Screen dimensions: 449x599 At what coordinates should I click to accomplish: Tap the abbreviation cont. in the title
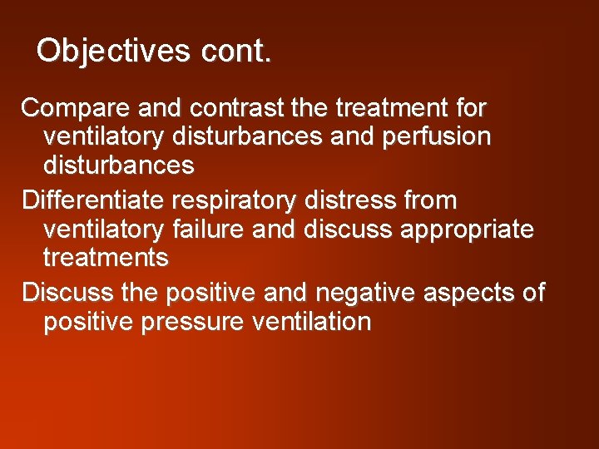(236, 50)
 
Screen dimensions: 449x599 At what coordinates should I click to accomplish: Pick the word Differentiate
(94, 200)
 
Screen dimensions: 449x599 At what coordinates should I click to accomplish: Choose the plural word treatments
(105, 258)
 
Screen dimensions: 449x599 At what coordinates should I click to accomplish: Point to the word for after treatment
(470, 108)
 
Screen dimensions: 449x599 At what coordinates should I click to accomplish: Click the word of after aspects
(533, 293)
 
